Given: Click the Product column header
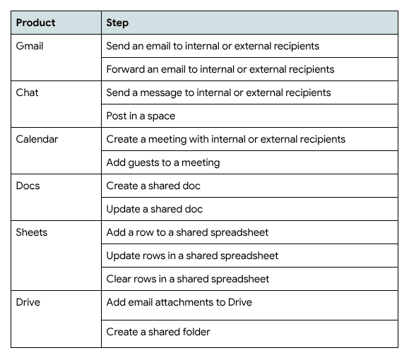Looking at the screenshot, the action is click(35, 23).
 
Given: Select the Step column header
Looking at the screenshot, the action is click(117, 23).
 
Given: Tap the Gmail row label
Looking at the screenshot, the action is click(30, 46).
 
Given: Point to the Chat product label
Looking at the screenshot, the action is click(27, 92).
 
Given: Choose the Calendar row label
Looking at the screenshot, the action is click(37, 139).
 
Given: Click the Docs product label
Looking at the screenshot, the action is click(28, 186).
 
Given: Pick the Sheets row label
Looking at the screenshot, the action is click(32, 232).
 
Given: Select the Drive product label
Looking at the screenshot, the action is click(28, 302).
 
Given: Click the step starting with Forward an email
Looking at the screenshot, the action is click(220, 69).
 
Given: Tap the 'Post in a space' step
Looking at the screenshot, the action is click(141, 116).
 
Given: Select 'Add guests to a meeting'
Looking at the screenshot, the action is click(163, 163).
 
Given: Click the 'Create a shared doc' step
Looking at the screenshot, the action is click(153, 186).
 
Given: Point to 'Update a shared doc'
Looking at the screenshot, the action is click(155, 209).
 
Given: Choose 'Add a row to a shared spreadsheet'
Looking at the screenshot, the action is click(187, 232).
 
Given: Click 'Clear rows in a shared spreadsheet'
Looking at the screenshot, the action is click(187, 280).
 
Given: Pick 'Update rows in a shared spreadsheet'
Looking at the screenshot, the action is click(192, 256).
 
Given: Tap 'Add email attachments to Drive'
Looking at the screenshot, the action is click(179, 302).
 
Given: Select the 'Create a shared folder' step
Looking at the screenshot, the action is click(158, 332).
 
